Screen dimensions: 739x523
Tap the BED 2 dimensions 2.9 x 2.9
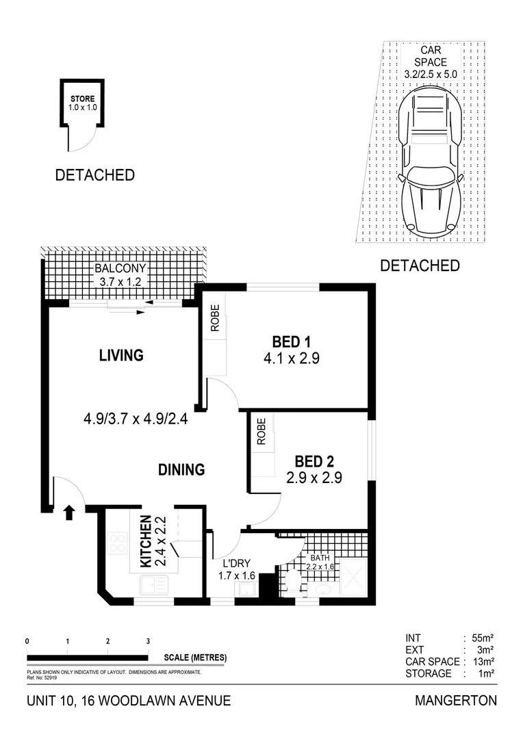click(314, 478)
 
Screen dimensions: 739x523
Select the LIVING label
click(120, 355)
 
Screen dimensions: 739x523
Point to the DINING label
click(181, 469)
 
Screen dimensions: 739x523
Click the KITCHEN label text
click(146, 541)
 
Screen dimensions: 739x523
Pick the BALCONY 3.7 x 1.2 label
click(120, 274)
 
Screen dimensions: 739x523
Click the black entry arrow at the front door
click(68, 513)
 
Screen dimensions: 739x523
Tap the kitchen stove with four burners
click(118, 543)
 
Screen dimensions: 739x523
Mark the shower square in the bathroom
click(354, 578)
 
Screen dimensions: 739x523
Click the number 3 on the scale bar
click(148, 641)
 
